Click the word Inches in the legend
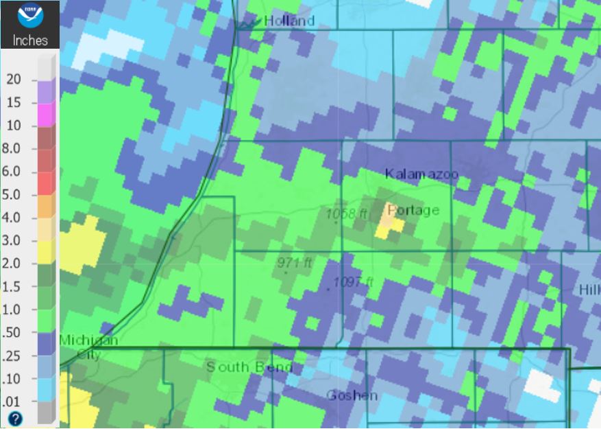click(30, 40)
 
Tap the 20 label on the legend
click(14, 80)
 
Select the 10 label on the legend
click(14, 126)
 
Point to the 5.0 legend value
click(13, 195)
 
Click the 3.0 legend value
click(13, 241)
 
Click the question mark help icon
click(15, 418)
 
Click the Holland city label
click(289, 21)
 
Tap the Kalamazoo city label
click(421, 174)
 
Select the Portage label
click(413, 210)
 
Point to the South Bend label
click(249, 367)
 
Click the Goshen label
click(352, 395)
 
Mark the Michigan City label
click(88, 347)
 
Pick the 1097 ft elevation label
click(353, 282)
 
